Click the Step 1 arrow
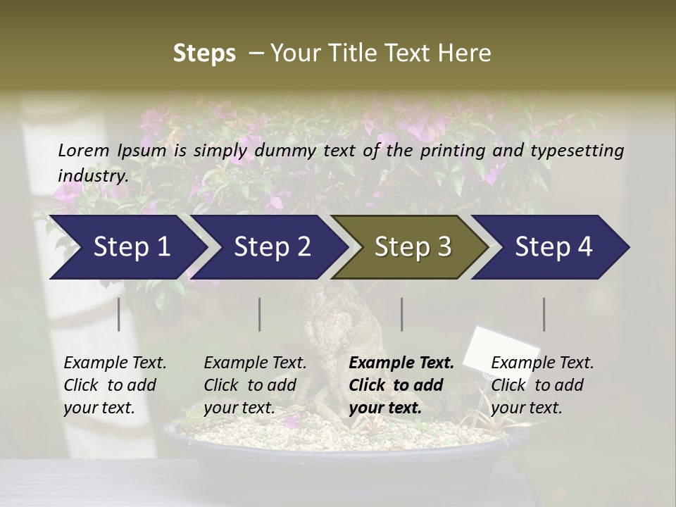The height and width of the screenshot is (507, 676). [127, 247]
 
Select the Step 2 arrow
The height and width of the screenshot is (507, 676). [268, 247]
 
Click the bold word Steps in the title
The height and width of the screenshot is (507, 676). [204, 54]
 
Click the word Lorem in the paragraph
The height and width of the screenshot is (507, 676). [83, 150]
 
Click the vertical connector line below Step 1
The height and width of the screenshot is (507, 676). [119, 314]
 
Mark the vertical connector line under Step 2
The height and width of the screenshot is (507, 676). [260, 314]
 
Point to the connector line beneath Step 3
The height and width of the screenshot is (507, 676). [401, 314]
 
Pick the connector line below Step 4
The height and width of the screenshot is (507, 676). [544, 314]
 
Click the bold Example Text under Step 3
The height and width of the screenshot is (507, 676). [401, 363]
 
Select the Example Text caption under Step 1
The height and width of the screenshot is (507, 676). [115, 363]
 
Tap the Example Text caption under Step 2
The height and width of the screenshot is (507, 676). [255, 363]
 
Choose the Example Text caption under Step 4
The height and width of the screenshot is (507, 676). [542, 363]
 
